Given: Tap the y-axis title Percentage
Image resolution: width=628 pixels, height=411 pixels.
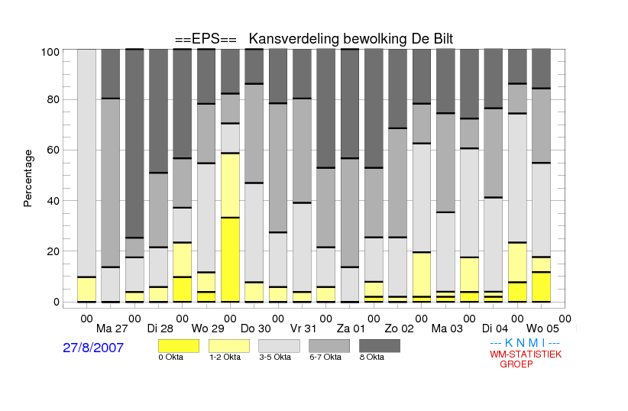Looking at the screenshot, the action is point(28,178).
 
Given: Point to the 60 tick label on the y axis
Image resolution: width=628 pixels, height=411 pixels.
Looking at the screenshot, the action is point(53,150).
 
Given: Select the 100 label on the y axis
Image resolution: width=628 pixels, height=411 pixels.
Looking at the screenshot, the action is point(50,52).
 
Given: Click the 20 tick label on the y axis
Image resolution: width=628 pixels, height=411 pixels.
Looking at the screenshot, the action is point(53,251).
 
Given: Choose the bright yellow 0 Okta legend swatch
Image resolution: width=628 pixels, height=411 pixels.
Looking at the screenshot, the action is point(179,346).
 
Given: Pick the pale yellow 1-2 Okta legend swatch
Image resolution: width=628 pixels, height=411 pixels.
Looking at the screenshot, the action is point(229,346).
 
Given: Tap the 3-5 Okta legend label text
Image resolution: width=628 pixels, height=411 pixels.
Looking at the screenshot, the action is point(275,357).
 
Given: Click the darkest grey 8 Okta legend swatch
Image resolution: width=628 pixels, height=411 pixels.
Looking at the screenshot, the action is point(380,346).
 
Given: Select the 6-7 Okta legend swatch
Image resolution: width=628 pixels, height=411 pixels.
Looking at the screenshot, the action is point(329,346).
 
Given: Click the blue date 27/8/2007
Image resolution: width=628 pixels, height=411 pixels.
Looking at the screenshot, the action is point(93,348).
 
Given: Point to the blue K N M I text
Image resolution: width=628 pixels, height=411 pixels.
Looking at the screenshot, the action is point(525,343).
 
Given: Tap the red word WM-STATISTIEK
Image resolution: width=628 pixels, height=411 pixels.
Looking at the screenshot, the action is point(526,354).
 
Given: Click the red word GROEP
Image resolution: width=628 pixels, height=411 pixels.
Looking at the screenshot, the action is point(516,364).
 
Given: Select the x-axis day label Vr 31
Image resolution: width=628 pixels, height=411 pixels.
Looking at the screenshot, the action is point(303,328).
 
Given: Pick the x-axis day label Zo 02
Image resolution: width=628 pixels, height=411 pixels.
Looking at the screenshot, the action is point(399,328).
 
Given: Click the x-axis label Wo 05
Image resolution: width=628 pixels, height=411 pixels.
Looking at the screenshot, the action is point(542,328).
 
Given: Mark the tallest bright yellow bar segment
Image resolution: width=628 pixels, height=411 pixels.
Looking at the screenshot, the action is point(230,260).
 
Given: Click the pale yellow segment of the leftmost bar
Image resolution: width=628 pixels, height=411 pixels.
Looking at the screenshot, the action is point(86,290).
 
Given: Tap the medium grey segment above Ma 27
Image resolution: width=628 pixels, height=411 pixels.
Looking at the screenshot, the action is point(111,183).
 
